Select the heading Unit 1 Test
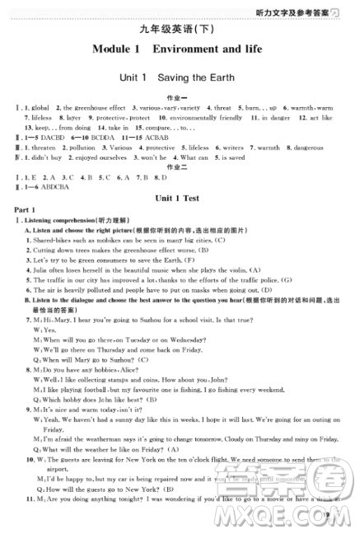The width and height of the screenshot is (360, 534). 179,199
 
